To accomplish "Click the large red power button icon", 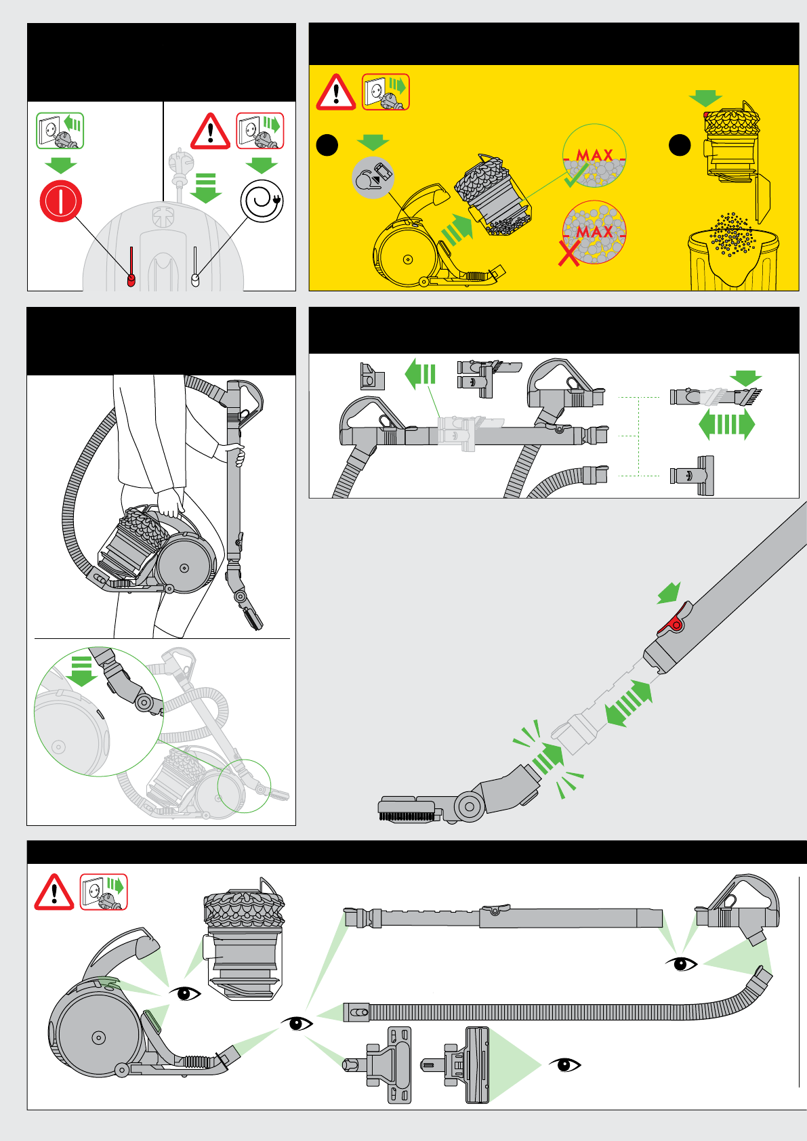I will point(61,201).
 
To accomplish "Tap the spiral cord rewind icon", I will point(262,201).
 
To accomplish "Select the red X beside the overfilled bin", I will point(569,251).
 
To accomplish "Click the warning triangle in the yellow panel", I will point(336,94).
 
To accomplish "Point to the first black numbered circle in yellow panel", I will point(327,145).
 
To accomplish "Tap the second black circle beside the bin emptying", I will point(680,145).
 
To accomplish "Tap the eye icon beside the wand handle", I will point(682,963).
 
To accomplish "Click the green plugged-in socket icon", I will point(60,131).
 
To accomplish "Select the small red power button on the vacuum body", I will point(131,280).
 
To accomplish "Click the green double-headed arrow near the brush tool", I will point(726,426).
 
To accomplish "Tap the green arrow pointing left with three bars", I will point(420,374).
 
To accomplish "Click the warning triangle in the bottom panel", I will point(54,892).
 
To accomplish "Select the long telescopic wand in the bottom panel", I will point(501,918).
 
